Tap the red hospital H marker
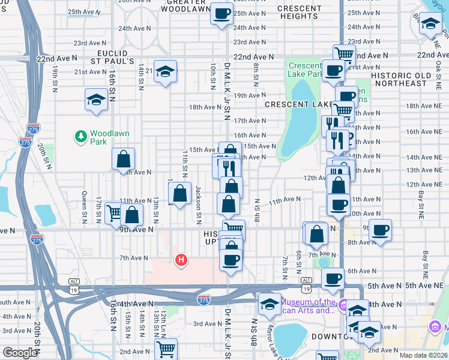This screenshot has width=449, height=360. (181, 260)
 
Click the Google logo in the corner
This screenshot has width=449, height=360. (19, 353)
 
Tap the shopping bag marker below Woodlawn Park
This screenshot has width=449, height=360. (123, 160)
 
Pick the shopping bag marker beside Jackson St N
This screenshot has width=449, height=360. (179, 193)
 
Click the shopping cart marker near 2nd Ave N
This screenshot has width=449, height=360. (166, 348)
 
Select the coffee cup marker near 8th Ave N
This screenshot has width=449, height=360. (380, 230)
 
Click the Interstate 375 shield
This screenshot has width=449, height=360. (204, 299)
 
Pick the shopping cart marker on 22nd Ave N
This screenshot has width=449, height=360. (344, 55)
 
